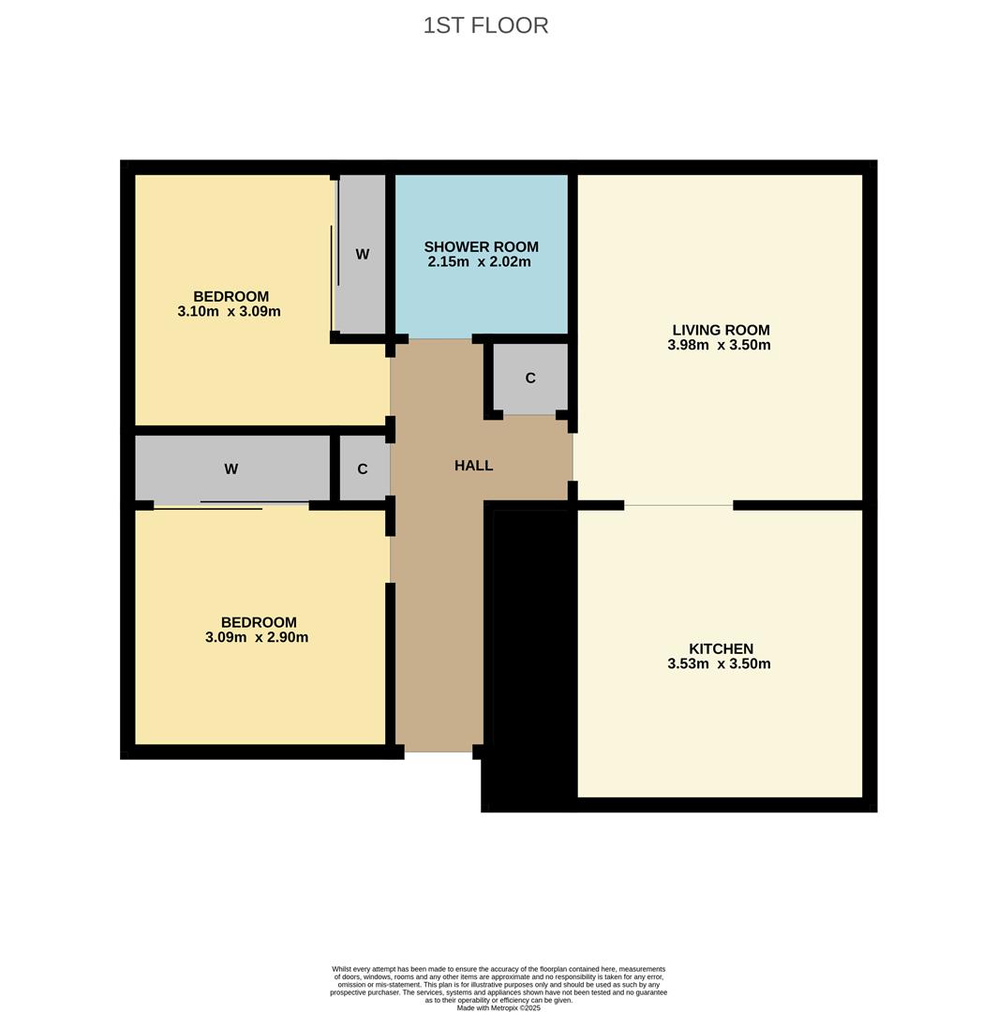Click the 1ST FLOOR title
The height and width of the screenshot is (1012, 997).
pyautogui.click(x=485, y=25)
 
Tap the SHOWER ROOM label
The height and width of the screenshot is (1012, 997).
pyautogui.click(x=481, y=246)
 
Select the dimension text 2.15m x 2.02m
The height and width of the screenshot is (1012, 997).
pyautogui.click(x=479, y=261)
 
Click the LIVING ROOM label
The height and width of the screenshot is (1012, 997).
pyautogui.click(x=721, y=330)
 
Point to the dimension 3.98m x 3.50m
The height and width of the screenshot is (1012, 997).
pyautogui.click(x=719, y=345)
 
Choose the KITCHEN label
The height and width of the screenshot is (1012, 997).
pyautogui.click(x=721, y=648)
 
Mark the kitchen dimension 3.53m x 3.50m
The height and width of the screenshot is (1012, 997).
pyautogui.click(x=719, y=663)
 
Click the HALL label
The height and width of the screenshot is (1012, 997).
pyautogui.click(x=473, y=466)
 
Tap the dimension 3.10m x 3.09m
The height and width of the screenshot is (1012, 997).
pyautogui.click(x=229, y=311)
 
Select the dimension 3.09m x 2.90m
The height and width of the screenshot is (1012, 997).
pyautogui.click(x=257, y=637)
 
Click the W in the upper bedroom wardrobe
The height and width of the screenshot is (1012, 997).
pyautogui.click(x=363, y=254)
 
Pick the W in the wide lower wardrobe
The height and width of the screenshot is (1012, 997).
pyautogui.click(x=231, y=469)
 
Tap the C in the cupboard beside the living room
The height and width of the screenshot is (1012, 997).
pyautogui.click(x=530, y=379)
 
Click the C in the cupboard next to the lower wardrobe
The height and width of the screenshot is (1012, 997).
pyautogui.click(x=363, y=469)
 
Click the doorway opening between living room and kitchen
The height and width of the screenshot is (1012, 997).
pyautogui.click(x=678, y=505)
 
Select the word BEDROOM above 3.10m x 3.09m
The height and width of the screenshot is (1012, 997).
pyautogui.click(x=231, y=296)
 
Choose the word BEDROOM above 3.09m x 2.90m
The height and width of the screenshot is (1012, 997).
pyautogui.click(x=259, y=622)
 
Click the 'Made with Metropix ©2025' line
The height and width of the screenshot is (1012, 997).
pyautogui.click(x=498, y=1007)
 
